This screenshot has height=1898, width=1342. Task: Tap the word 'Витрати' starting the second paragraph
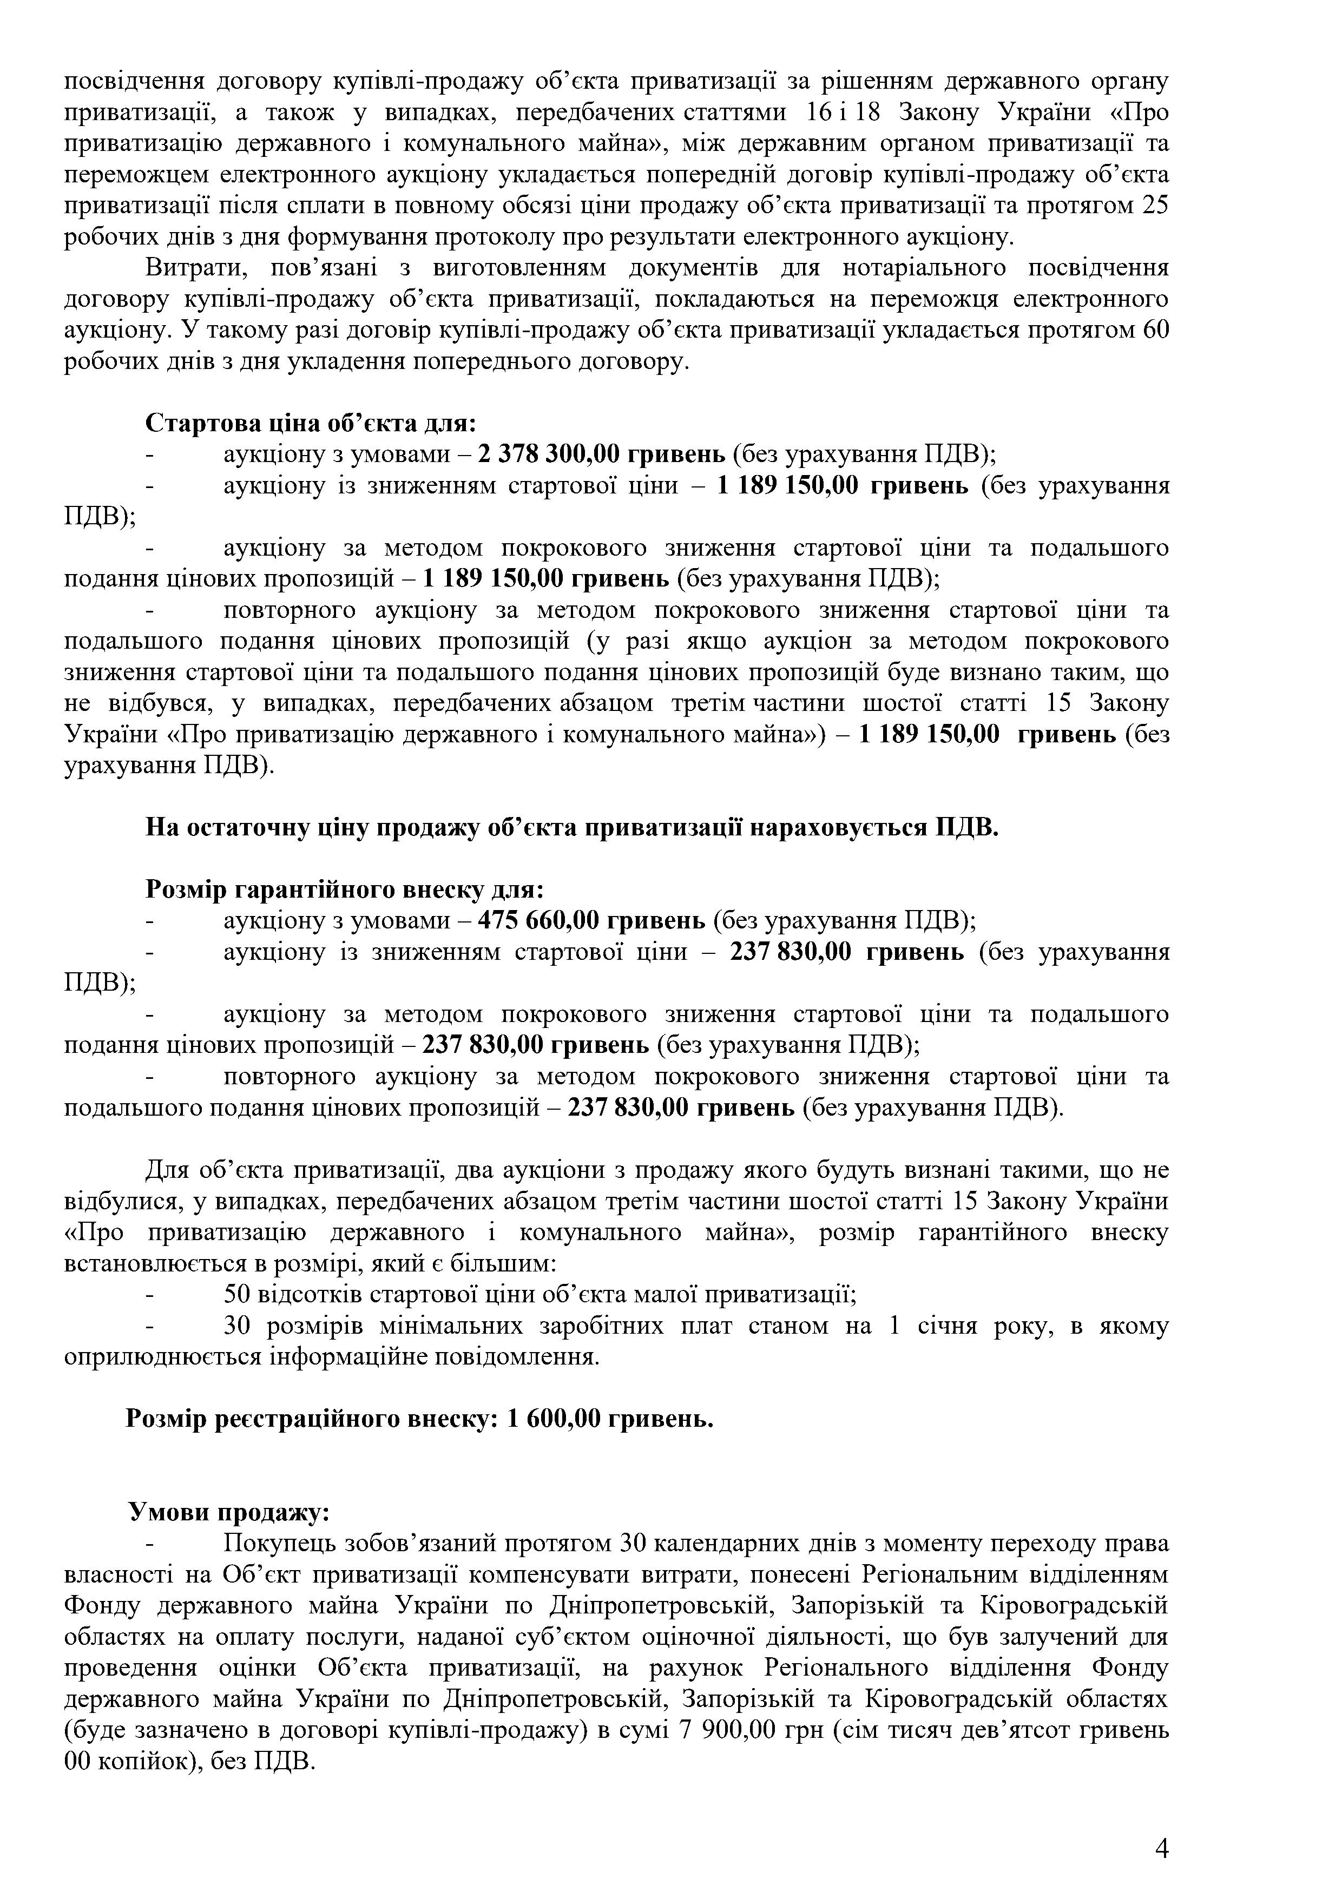tap(194, 268)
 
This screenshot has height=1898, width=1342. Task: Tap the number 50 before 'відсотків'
tap(239, 1295)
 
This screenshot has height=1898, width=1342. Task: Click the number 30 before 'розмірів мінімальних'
tap(239, 1326)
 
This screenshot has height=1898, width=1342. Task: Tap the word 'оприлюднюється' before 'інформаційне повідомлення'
tap(163, 1357)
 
